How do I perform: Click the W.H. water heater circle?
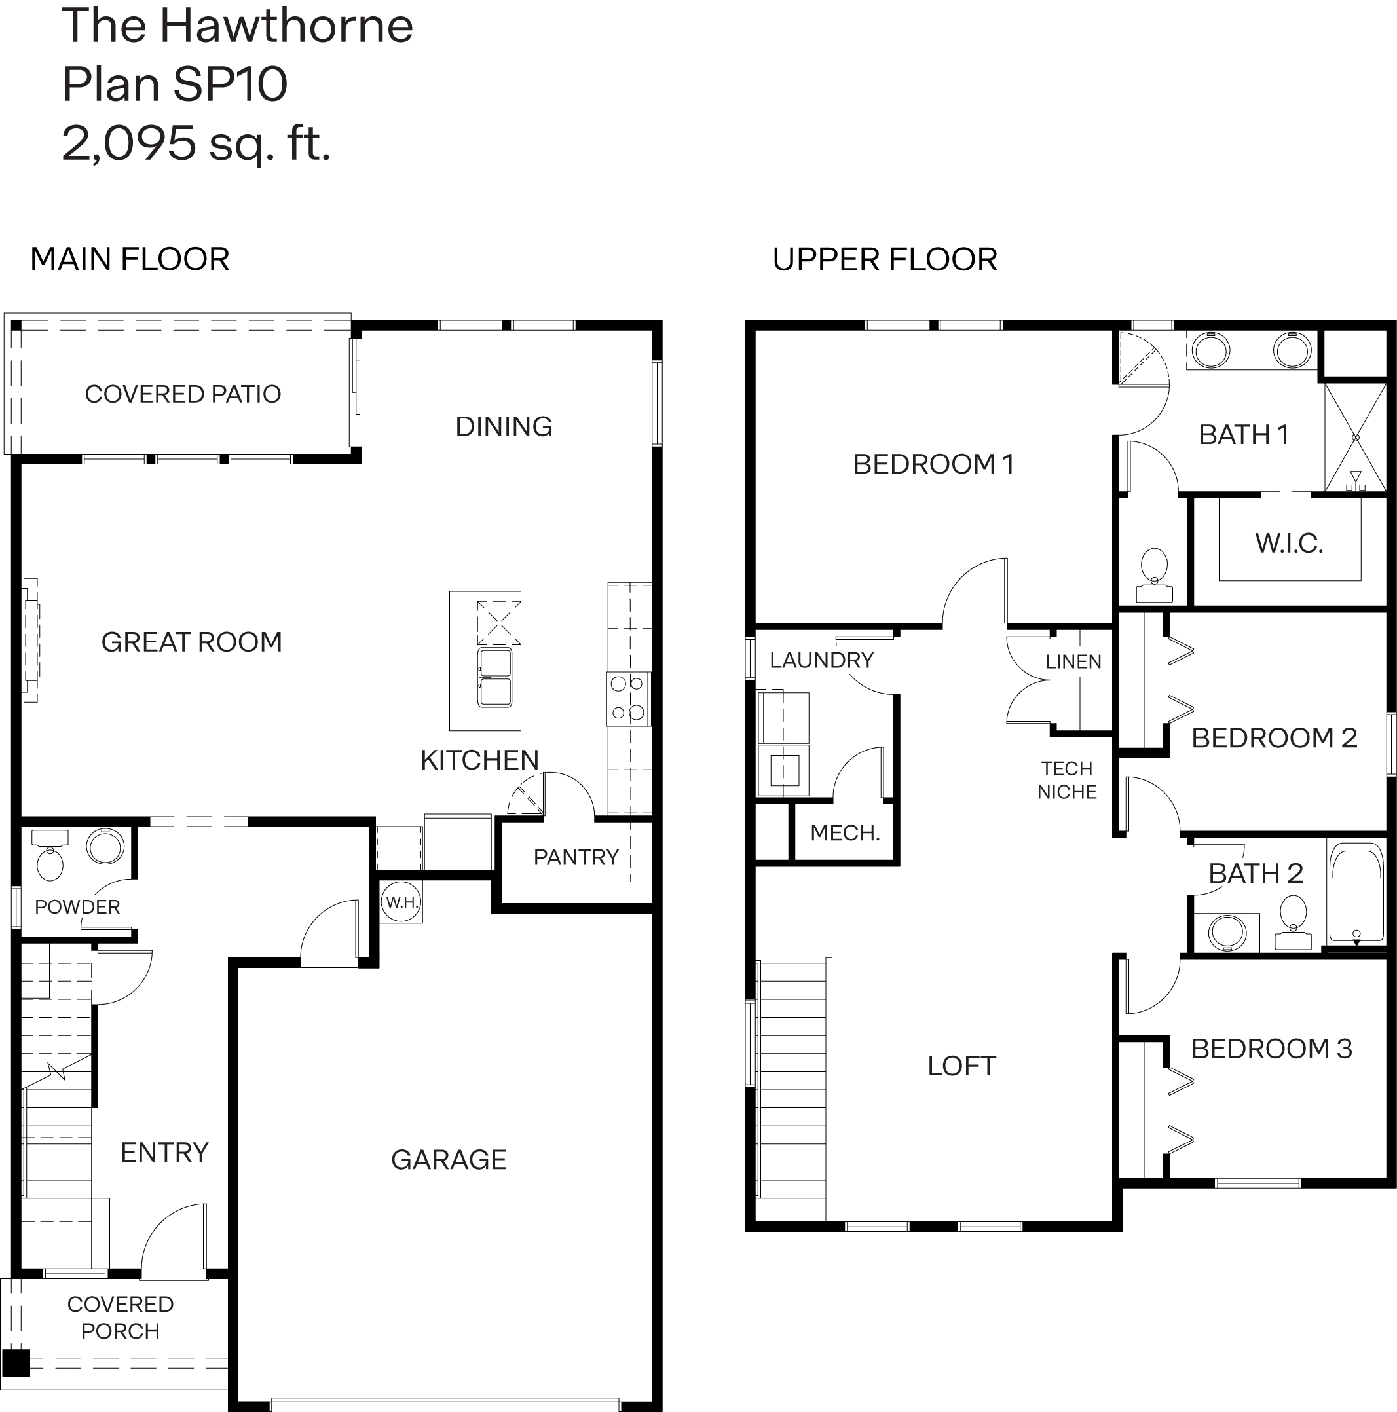401,902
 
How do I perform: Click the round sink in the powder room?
105,846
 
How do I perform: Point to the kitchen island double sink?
495,677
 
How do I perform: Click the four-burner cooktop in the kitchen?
628,698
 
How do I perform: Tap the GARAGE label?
448,1159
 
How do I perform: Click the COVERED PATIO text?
183,394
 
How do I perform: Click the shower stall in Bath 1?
1355,437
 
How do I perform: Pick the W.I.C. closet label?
1289,543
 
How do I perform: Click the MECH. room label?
844,832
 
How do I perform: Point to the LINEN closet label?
1072,661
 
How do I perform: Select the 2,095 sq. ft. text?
196,143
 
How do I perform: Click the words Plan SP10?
175,84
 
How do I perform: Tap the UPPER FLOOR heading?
885,259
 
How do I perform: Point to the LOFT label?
961,1066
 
